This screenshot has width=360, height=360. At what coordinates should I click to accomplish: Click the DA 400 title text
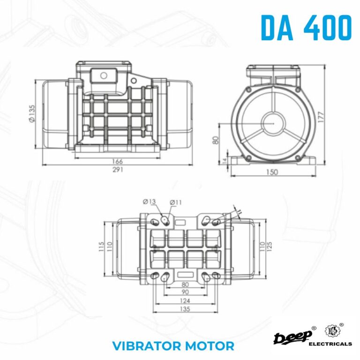click(306, 28)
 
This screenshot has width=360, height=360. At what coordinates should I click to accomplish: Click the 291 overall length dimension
click(118, 170)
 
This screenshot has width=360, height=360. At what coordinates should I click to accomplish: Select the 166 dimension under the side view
click(117, 162)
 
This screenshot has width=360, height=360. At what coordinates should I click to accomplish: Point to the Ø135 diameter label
click(32, 113)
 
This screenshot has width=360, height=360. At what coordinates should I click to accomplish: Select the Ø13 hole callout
click(149, 202)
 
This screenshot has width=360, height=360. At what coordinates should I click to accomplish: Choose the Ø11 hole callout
click(176, 202)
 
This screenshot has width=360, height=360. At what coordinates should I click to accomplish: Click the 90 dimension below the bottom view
click(185, 291)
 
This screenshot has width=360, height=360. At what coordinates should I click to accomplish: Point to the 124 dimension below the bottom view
click(185, 300)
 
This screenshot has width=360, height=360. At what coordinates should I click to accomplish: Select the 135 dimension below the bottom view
click(185, 309)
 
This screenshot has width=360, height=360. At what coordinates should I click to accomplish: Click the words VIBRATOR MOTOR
click(173, 346)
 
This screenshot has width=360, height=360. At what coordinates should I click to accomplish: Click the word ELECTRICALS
click(330, 344)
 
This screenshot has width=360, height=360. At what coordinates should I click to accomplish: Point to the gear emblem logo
click(331, 331)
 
